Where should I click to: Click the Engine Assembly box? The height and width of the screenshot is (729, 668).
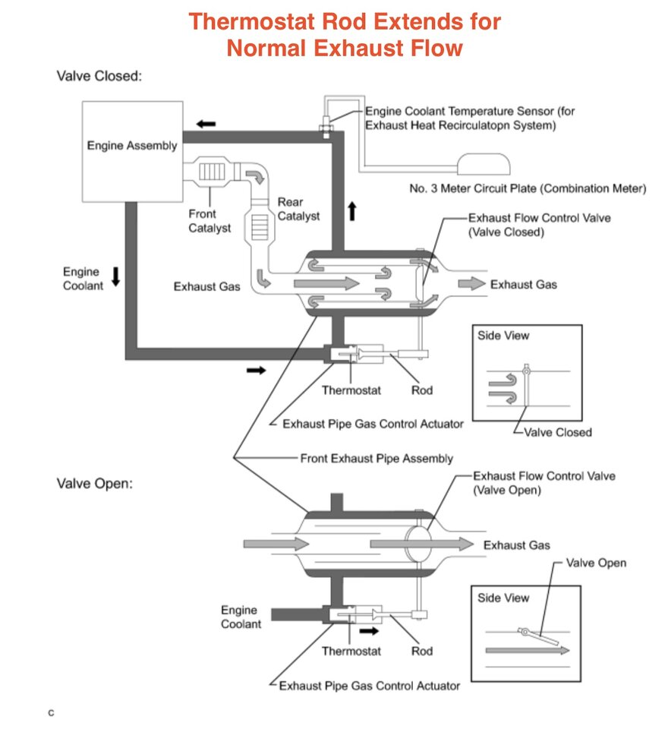[131, 151]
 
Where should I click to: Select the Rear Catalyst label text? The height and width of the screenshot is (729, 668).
[298, 209]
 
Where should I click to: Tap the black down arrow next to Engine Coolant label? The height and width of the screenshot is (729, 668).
[115, 277]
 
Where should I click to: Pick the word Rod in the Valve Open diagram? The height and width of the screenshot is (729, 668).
[422, 651]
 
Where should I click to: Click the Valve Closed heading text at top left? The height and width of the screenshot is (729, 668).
[99, 77]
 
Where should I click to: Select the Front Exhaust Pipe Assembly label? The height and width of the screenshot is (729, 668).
[377, 459]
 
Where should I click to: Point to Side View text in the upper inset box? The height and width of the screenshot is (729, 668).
[503, 335]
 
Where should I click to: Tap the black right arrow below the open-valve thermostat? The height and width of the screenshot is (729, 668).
[369, 630]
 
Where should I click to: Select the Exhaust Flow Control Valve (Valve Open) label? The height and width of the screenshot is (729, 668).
[544, 483]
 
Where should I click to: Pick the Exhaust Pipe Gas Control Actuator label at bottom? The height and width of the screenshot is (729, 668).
[369, 686]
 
